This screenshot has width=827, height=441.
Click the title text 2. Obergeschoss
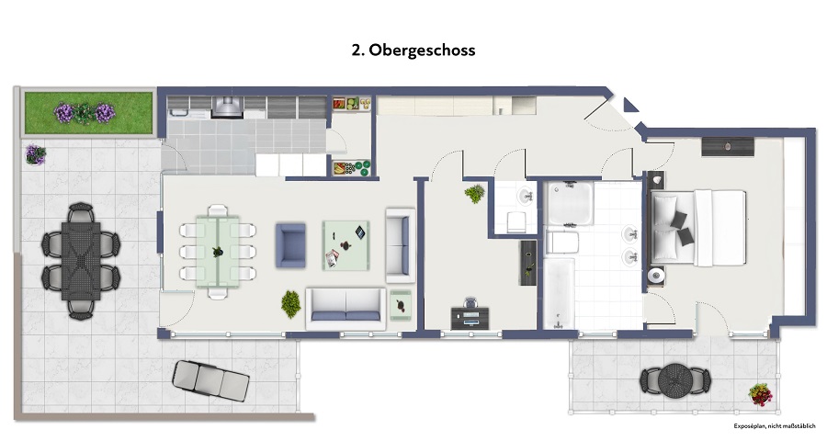[x=413, y=51]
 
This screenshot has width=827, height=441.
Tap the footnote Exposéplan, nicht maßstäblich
[x=774, y=427]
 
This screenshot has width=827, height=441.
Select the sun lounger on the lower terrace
[x=210, y=379]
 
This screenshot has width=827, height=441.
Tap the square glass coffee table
[x=346, y=244]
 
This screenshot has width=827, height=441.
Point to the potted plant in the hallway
[x=475, y=194]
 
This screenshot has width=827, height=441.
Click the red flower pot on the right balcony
[x=760, y=396]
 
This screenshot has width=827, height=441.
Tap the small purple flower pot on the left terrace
[x=35, y=154]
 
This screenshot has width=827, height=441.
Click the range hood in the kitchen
[x=226, y=107]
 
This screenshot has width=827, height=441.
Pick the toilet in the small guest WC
[x=515, y=220]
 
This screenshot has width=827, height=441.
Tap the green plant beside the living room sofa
[x=290, y=301]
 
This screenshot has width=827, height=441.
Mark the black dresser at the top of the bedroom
[x=728, y=145]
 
